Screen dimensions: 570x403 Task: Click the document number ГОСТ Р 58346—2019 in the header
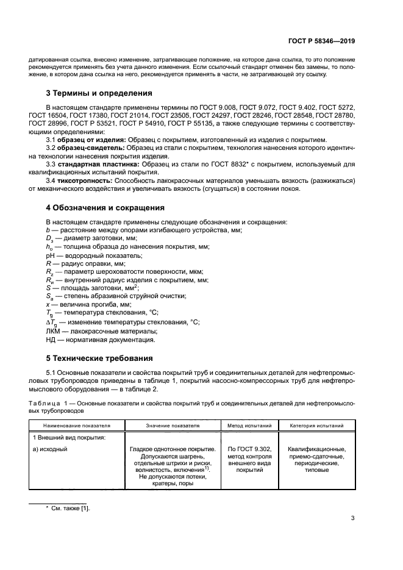(x=321, y=41)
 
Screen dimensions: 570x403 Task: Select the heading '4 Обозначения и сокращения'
(x=105, y=208)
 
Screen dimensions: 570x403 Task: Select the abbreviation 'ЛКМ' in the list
(x=53, y=330)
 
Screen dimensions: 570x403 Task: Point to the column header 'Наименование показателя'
(x=76, y=426)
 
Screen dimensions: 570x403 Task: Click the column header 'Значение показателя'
(x=173, y=426)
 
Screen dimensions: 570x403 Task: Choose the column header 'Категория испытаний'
(x=316, y=426)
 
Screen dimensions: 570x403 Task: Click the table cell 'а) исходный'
(x=49, y=450)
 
